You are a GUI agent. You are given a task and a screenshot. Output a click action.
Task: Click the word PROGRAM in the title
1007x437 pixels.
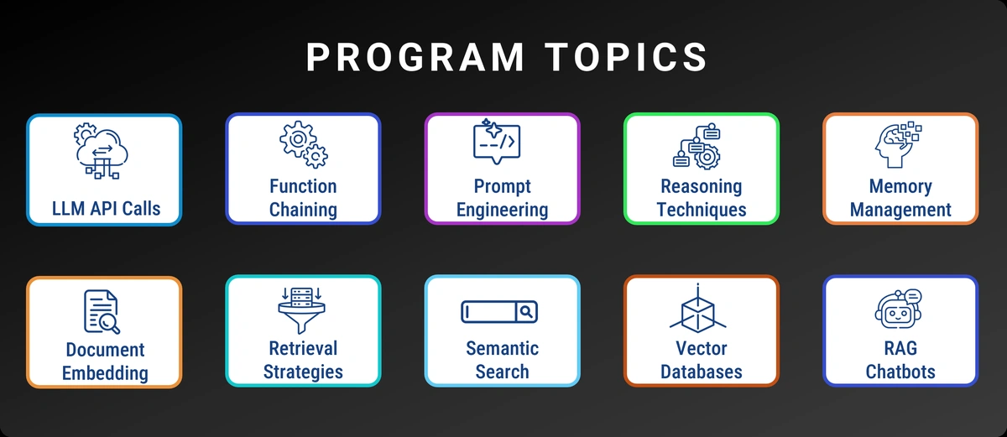pyautogui.click(x=415, y=57)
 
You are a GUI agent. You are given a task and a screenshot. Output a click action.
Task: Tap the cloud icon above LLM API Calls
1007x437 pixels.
pyautogui.click(x=102, y=151)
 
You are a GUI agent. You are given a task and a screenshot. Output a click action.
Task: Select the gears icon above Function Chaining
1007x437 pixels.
pyautogui.click(x=303, y=145)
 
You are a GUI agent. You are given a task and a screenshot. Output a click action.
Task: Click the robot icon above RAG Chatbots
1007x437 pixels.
pyautogui.click(x=899, y=310)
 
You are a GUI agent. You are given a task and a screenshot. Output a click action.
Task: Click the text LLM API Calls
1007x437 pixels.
pyautogui.click(x=105, y=208)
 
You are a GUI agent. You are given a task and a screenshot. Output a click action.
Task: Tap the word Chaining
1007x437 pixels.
pyautogui.click(x=303, y=210)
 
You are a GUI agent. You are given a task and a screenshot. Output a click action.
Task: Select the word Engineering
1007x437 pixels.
pyautogui.click(x=502, y=210)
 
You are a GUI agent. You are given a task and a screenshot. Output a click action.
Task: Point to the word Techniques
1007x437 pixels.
pyautogui.click(x=701, y=210)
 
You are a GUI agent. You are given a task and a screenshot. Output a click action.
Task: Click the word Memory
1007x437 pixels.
pyautogui.click(x=900, y=186)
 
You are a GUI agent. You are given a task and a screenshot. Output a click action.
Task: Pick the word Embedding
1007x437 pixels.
pyautogui.click(x=105, y=372)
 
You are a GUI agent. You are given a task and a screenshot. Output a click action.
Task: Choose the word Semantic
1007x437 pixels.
pyautogui.click(x=502, y=348)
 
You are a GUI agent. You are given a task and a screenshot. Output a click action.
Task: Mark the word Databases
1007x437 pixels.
pyautogui.click(x=701, y=372)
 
